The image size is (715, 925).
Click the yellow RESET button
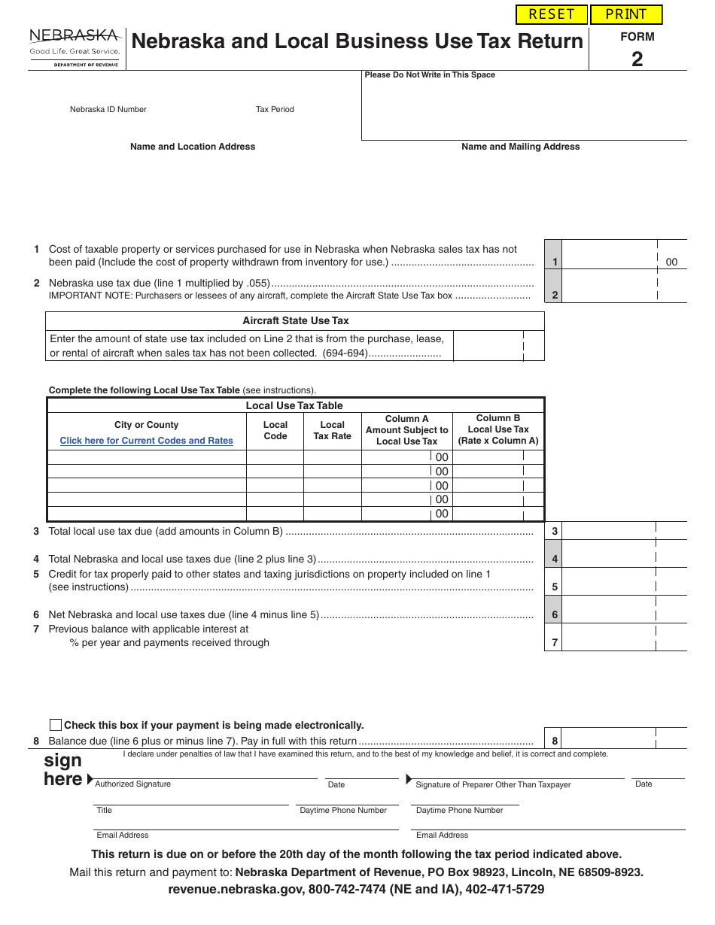pyautogui.click(x=552, y=14)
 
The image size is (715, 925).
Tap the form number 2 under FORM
pyautogui.click(x=637, y=59)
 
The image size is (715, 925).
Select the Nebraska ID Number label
pyautogui.click(x=108, y=110)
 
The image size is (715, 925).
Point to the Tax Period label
pyautogui.click(x=275, y=110)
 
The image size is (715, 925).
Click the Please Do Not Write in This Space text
pyautogui.click(x=430, y=75)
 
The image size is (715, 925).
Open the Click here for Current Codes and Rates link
pyautogui.click(x=147, y=441)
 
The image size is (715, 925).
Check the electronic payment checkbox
pyautogui.click(x=56, y=725)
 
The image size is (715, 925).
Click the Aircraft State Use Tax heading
pyautogui.click(x=295, y=321)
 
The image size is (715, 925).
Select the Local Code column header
pyautogui.click(x=275, y=430)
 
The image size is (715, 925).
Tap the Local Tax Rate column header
pyautogui.click(x=332, y=430)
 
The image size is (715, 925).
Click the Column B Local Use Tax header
pyautogui.click(x=498, y=429)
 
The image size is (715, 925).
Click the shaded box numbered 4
pyautogui.click(x=554, y=559)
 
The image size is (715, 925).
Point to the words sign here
pyautogui.click(x=63, y=769)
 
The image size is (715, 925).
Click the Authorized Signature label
pyautogui.click(x=133, y=784)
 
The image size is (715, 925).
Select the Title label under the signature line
pyautogui.click(x=104, y=811)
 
